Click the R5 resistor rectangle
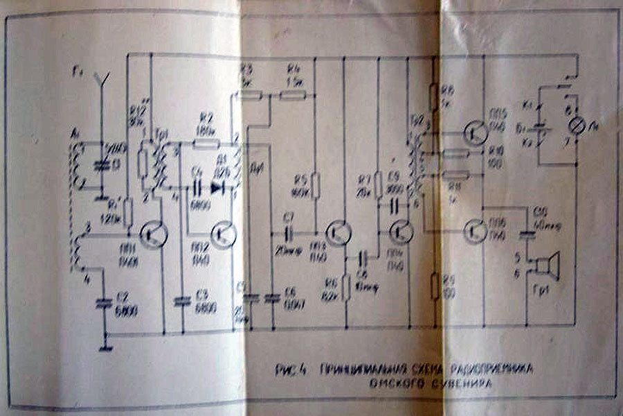316,185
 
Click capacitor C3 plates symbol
181,300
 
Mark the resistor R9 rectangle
434,286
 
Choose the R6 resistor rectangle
347,287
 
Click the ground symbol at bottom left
105,345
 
